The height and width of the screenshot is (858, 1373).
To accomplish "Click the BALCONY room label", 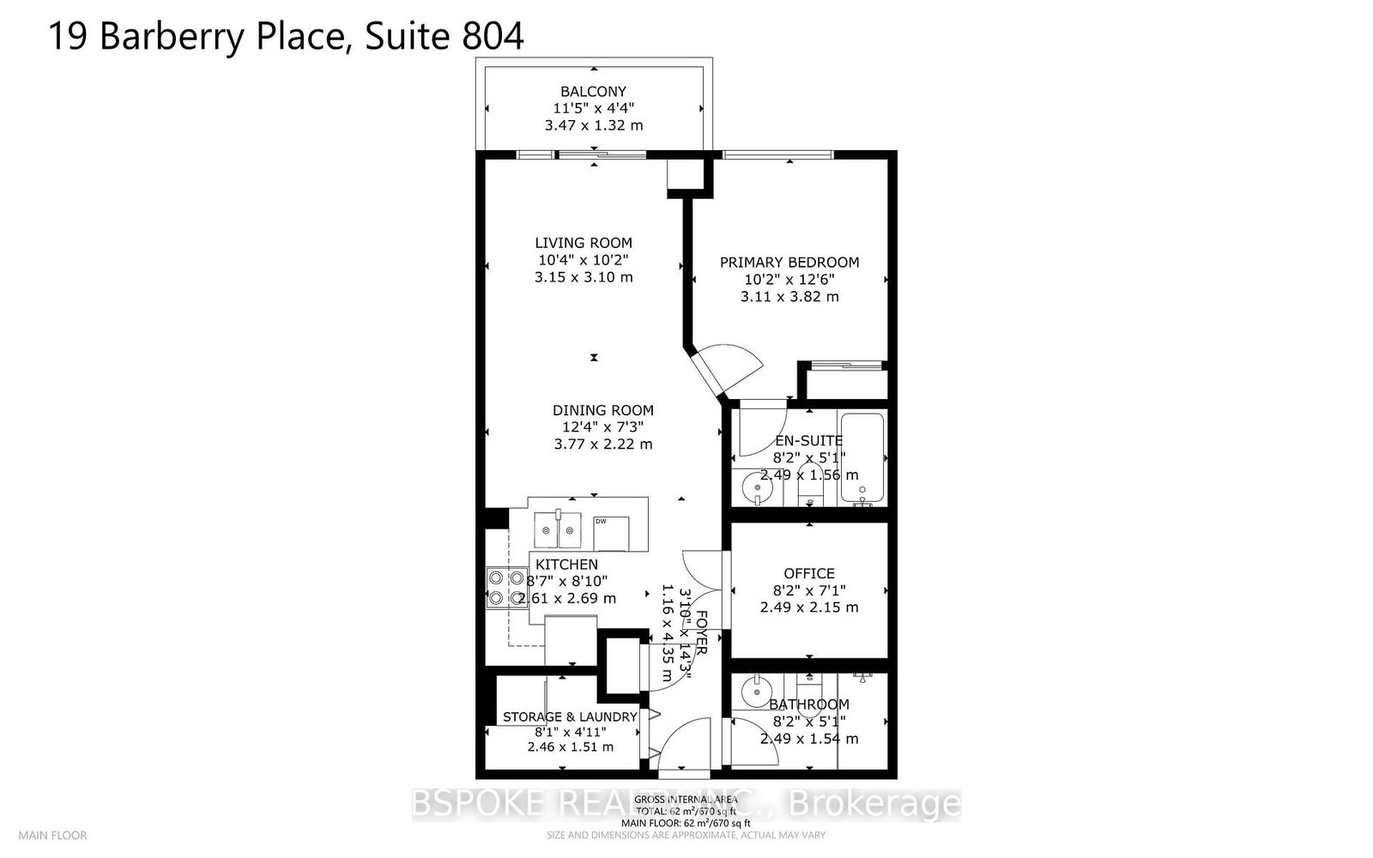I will click(x=593, y=91).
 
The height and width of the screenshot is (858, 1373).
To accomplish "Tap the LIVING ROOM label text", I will click(x=584, y=243).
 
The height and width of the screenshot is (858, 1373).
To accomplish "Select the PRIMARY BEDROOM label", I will click(x=789, y=263).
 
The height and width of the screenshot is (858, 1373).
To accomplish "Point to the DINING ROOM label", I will click(x=602, y=410).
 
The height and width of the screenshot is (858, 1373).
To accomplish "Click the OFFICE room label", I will click(x=808, y=573).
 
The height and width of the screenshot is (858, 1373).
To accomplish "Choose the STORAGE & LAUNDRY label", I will click(x=570, y=716).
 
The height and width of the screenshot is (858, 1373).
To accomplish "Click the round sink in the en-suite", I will click(x=757, y=487).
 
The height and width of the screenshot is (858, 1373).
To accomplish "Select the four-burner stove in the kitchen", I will click(x=505, y=589).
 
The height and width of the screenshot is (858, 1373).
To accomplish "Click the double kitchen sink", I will click(x=557, y=529).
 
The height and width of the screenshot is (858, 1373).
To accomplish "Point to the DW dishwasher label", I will click(x=601, y=521).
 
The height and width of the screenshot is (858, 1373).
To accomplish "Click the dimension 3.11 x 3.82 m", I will click(x=789, y=297).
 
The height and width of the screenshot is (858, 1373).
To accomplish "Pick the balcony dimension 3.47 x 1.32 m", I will click(x=593, y=125).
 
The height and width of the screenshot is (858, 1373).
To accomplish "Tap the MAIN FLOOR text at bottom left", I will click(x=52, y=835).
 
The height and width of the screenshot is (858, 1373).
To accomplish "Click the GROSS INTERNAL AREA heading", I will click(x=686, y=800).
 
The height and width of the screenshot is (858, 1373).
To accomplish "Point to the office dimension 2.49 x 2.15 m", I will click(x=808, y=607).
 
